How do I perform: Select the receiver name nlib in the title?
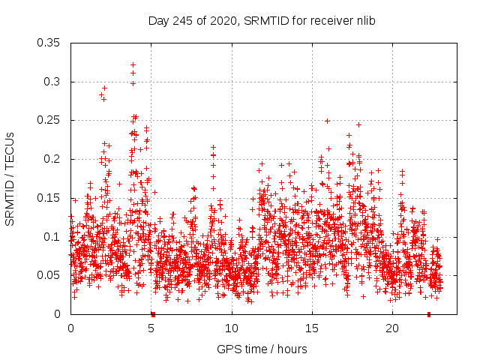pyautogui.click(x=364, y=20)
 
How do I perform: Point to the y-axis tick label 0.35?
pyautogui.click(x=50, y=43)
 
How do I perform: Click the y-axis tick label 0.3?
pyautogui.click(x=53, y=82)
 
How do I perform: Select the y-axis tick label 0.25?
pyautogui.click(x=50, y=120)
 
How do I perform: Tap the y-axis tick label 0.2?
pyautogui.click(x=53, y=159)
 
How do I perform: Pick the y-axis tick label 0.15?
pyautogui.click(x=50, y=198)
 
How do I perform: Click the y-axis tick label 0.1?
pyautogui.click(x=53, y=236)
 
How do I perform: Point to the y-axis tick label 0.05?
pyautogui.click(x=50, y=275)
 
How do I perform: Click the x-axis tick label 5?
pyautogui.click(x=151, y=328)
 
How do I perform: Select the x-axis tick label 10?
pyautogui.click(x=232, y=328)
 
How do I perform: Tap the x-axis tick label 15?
pyautogui.click(x=312, y=328)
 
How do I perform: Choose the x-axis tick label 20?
pyautogui.click(x=392, y=328)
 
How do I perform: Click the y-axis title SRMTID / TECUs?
pyautogui.click(x=10, y=178)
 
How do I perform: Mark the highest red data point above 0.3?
pyautogui.click(x=133, y=64)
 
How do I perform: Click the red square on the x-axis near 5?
pyautogui.click(x=153, y=314)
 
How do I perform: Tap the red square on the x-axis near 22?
pyautogui.click(x=429, y=314)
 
